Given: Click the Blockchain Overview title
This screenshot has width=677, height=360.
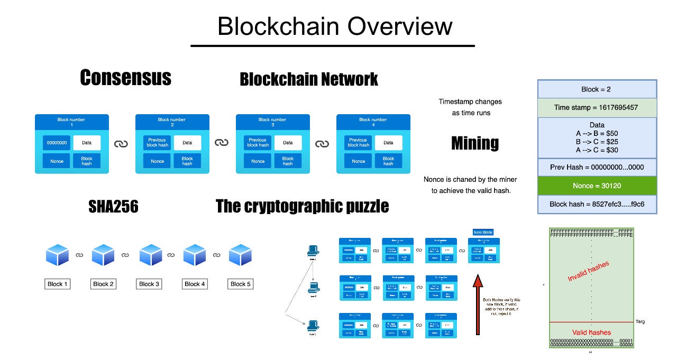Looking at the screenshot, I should pyautogui.click(x=334, y=26).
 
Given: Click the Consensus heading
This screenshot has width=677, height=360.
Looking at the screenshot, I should pyautogui.click(x=125, y=78).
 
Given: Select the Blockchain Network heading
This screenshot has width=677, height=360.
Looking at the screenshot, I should pyautogui.click(x=308, y=79).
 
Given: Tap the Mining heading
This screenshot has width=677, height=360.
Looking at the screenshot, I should pyautogui.click(x=474, y=143).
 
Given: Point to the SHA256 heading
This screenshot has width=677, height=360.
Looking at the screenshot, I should pyautogui.click(x=113, y=207).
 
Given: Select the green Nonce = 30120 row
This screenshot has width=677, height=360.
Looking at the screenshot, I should pyautogui.click(x=597, y=186).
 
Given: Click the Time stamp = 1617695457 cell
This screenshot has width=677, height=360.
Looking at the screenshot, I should pyautogui.click(x=597, y=107).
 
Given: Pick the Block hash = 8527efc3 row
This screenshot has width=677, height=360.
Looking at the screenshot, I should pyautogui.click(x=597, y=204).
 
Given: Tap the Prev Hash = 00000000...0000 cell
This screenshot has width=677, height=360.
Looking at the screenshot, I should pyautogui.click(x=597, y=168).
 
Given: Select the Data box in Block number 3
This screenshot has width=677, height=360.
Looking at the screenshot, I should pyautogui.click(x=288, y=143).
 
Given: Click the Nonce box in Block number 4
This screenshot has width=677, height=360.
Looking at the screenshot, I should pyautogui.click(x=358, y=161).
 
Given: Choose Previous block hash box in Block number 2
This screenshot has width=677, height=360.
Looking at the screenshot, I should pyautogui.click(x=157, y=143).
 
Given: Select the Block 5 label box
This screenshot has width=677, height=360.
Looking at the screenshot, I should pyautogui.click(x=241, y=284).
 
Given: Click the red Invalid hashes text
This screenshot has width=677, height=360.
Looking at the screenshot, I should pyautogui.click(x=588, y=271).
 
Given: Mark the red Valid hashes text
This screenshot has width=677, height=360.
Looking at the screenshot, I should pyautogui.click(x=592, y=332).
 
